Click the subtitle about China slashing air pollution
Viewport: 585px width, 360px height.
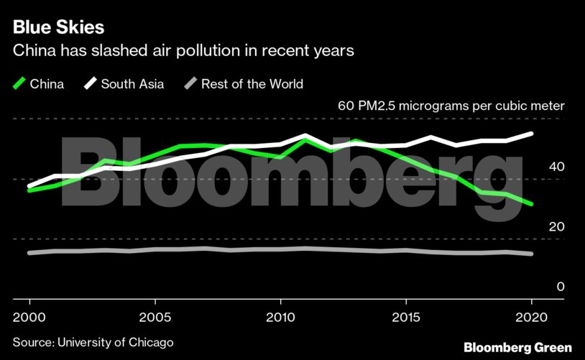point(184,52)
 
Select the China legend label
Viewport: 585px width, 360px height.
point(47,84)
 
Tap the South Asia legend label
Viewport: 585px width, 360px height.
point(132,84)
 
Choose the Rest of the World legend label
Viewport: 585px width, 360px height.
point(252,84)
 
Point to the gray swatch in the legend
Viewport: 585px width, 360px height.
point(190,84)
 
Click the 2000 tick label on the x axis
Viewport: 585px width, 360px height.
point(29,317)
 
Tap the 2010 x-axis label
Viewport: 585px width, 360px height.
point(280,317)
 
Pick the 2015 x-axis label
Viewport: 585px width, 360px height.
point(406,317)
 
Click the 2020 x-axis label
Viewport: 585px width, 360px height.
point(532,317)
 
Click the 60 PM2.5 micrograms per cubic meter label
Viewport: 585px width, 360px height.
point(451,106)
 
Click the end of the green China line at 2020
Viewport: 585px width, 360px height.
point(532,204)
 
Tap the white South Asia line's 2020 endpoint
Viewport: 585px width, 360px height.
point(532,134)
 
